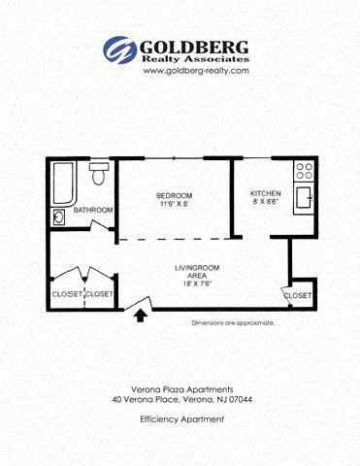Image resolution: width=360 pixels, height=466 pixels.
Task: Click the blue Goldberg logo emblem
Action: point(120,50)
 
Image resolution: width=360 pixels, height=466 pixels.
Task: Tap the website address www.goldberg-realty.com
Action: point(196,71)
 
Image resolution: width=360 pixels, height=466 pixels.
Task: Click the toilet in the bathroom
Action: point(98,174)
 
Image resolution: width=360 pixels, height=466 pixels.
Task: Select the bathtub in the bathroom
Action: point(63,183)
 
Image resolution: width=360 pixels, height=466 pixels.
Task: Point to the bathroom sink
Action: point(58,217)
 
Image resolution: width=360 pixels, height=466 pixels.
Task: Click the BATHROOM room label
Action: point(93,210)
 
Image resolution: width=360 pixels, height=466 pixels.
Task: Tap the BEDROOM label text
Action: point(174,196)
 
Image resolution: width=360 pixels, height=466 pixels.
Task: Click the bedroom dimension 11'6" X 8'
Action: point(174,204)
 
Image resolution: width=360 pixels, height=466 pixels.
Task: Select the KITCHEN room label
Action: point(266,193)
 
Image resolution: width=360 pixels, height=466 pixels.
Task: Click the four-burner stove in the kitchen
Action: point(305,171)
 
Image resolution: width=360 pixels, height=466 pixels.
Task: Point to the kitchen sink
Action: point(304,198)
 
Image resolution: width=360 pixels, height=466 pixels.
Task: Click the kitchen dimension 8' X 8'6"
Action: point(266,201)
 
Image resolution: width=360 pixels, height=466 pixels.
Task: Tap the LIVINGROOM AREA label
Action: point(197,272)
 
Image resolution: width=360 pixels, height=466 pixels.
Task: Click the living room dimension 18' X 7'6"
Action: point(197,283)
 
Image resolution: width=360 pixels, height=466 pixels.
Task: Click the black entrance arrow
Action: point(140,316)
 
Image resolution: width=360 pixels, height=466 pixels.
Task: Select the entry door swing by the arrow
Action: point(138,304)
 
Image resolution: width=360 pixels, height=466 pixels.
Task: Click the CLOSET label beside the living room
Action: point(298,295)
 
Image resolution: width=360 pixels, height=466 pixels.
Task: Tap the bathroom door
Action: point(99,225)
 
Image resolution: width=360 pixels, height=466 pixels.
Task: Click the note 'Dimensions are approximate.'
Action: point(233,323)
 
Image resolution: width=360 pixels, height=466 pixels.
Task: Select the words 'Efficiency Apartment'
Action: point(182,419)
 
